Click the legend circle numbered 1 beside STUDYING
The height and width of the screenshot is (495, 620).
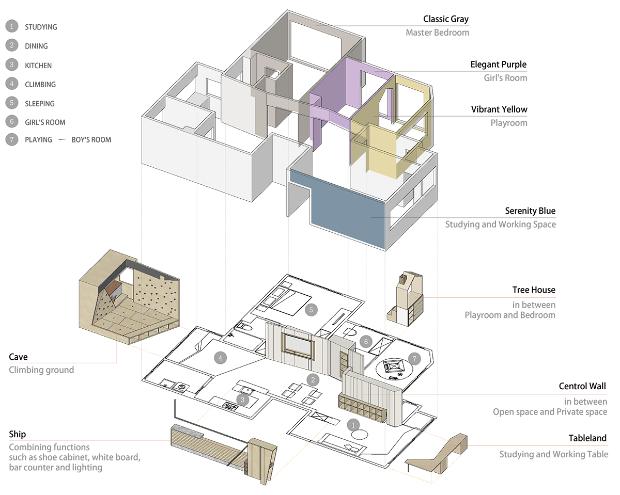11,26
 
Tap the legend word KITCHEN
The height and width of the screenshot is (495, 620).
38,66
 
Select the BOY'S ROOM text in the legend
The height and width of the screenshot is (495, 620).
91,139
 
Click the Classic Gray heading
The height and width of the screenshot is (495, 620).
445,19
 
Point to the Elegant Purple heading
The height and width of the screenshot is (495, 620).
498,65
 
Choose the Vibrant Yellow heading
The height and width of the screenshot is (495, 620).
499,109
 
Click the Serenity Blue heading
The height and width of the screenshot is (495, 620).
530,211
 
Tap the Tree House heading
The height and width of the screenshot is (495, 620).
534,290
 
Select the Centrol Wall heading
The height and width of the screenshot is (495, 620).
582,386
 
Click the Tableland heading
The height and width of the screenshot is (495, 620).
587,438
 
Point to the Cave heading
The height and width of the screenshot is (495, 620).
18,357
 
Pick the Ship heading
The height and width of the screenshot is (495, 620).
17,434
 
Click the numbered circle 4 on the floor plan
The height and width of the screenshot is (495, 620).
220,357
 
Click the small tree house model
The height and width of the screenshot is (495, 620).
406,299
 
